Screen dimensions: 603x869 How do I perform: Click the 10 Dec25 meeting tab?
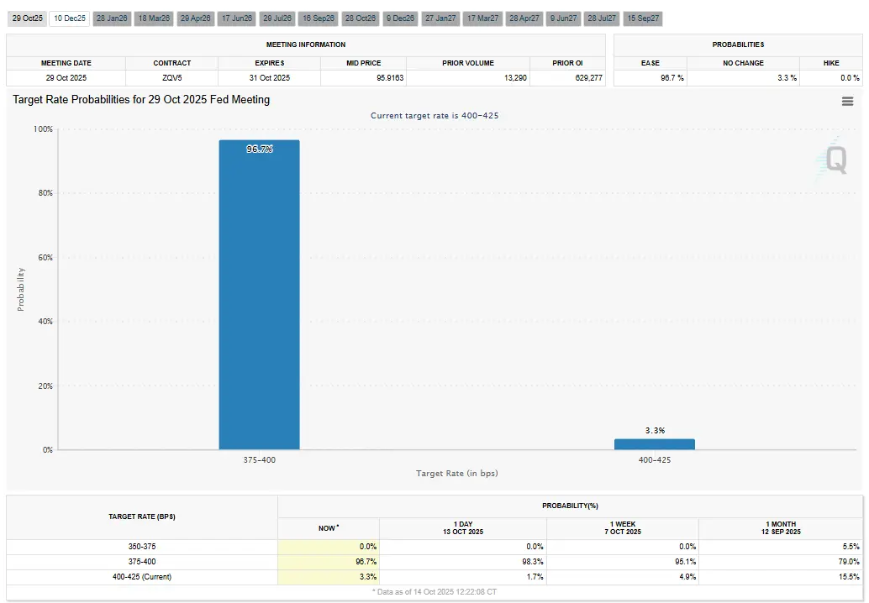coord(69,18)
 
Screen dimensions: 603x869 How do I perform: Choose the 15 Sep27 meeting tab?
coord(643,18)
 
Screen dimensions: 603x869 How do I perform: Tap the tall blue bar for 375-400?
coord(259,294)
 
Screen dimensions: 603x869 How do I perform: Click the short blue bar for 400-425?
coord(654,444)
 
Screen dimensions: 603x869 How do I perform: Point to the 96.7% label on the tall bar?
coord(260,149)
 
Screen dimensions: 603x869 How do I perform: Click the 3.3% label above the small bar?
coord(655,430)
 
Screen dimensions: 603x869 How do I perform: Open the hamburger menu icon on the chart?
coord(847,101)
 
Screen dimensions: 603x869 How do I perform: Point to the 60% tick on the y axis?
coord(42,257)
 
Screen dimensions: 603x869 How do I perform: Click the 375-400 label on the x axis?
coord(259,459)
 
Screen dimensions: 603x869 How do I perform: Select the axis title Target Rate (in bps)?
coord(456,474)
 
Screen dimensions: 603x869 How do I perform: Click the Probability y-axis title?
coord(21,289)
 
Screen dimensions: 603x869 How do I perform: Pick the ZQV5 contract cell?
coord(171,78)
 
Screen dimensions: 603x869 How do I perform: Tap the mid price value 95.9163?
coord(363,78)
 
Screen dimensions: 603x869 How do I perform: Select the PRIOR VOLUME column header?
coord(468,63)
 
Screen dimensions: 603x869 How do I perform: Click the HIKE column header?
coord(830,63)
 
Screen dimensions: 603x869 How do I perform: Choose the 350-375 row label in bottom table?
coord(142,546)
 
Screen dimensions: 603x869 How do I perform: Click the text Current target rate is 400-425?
coord(434,115)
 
